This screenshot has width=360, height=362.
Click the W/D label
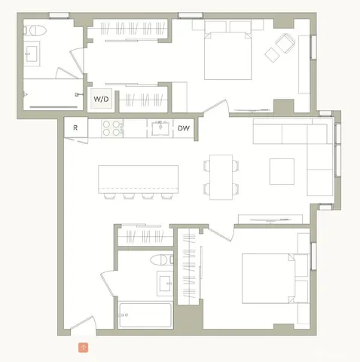[99, 99]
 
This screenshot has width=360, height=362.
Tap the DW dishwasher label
[183, 128]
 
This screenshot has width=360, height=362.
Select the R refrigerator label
[75, 128]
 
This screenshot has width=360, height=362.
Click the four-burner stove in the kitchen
[111, 128]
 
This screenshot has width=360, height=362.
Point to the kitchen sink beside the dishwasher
[160, 128]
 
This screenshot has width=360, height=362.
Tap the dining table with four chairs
[221, 176]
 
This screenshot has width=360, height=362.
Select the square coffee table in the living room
[283, 171]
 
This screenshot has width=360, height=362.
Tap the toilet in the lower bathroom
[160, 262]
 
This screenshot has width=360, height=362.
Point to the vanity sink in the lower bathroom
[164, 284]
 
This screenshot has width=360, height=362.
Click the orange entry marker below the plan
[83, 347]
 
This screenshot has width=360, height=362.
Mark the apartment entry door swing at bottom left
[81, 326]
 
